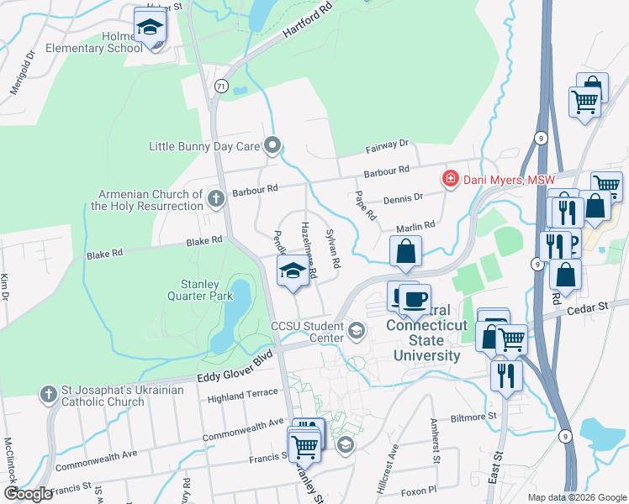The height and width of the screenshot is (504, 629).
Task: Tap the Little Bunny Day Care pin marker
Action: pos(272,146)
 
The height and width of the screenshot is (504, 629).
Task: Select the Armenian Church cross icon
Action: pos(216,199)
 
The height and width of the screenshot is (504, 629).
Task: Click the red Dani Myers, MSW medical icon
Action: pos(451,179)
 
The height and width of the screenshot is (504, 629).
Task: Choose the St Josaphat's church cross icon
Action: pos(49,393)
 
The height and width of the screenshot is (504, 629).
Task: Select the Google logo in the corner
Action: pos(29,493)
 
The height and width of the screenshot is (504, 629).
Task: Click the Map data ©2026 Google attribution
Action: pos(575,497)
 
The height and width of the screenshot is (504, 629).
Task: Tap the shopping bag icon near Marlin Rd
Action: pos(406,251)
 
